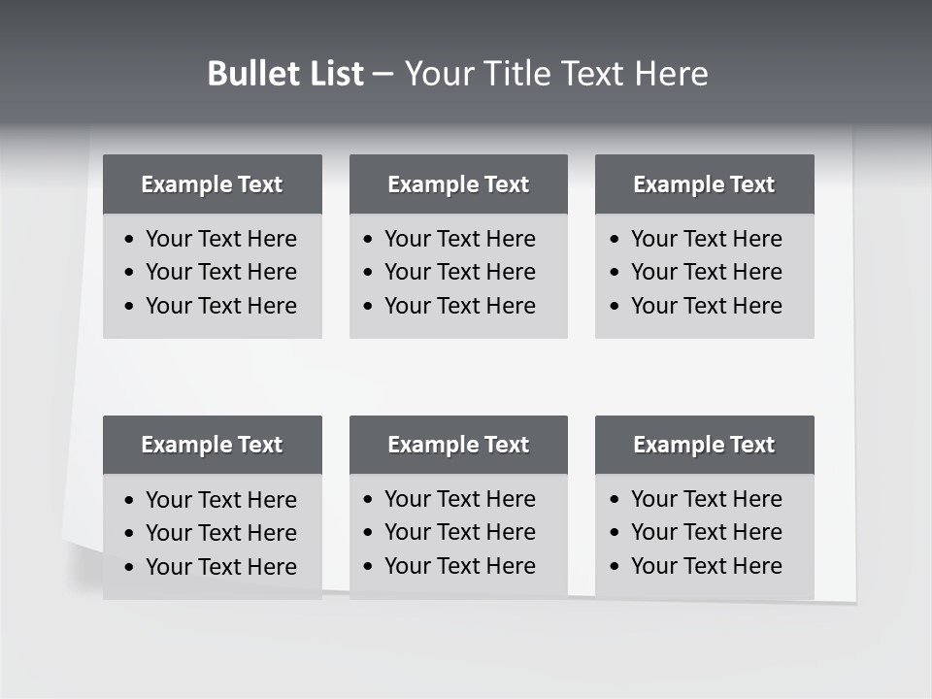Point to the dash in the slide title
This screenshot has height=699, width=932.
[x=383, y=75]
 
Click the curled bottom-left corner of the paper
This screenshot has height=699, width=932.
[x=82, y=567]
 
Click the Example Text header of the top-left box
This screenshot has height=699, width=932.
[x=212, y=184]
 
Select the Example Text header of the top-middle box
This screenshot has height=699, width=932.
[x=458, y=184]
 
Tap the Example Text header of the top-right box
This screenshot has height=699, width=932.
[x=704, y=184]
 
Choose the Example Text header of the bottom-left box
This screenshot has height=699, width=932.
[x=212, y=445]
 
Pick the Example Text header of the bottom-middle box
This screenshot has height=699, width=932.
[x=458, y=445]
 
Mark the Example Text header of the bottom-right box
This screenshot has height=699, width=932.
[x=704, y=445]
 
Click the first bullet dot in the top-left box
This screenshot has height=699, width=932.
[x=130, y=240]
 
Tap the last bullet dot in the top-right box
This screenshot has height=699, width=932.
[x=615, y=307]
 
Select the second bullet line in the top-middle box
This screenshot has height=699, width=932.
[x=459, y=272]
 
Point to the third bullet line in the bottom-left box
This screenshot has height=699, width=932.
[x=220, y=567]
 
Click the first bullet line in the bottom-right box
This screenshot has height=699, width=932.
[x=706, y=499]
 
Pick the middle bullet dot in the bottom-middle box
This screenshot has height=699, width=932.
[x=368, y=533]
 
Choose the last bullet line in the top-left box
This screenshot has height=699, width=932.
[x=220, y=306]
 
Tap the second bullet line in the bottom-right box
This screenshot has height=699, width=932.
[x=706, y=532]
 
